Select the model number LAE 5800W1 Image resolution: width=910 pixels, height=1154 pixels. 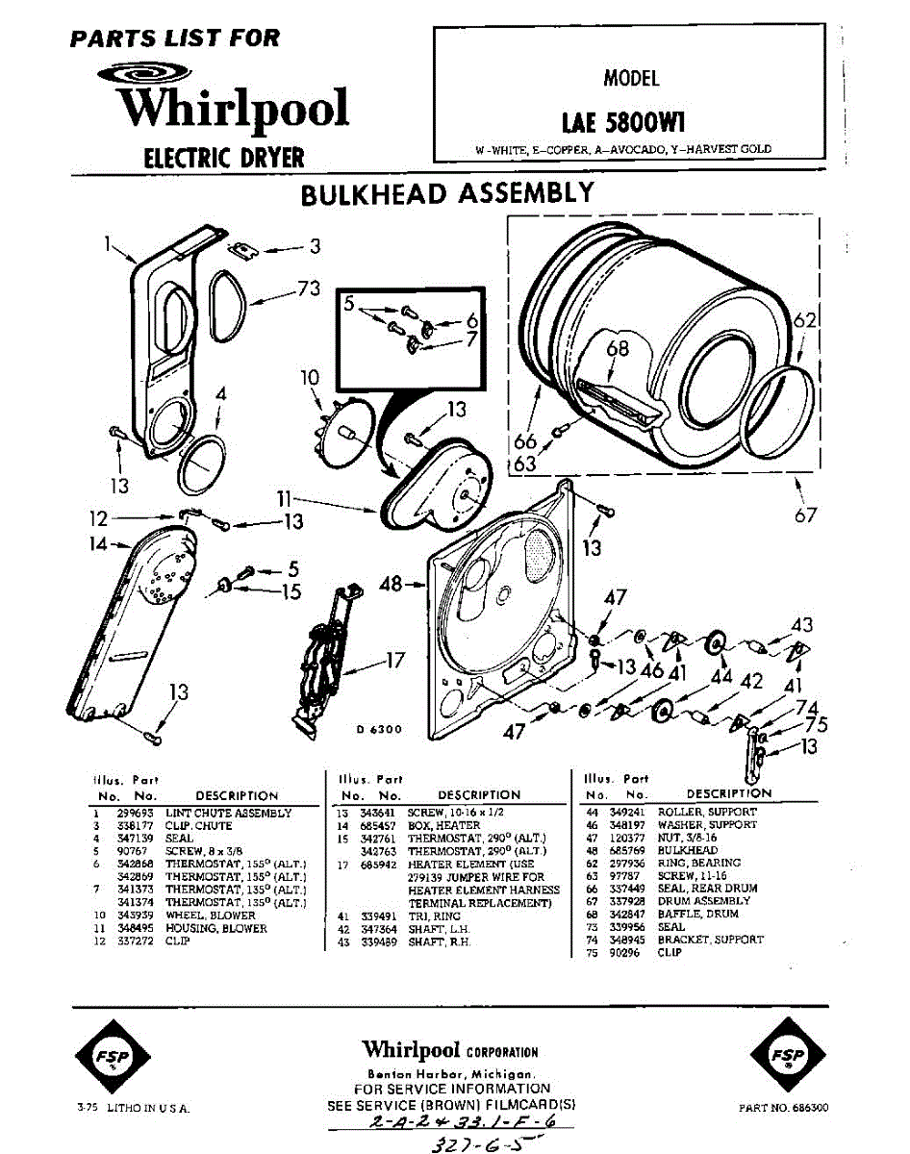click(623, 123)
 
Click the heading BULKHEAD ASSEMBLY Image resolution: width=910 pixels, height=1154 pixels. click(447, 193)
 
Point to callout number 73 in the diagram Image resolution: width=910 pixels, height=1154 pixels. click(309, 288)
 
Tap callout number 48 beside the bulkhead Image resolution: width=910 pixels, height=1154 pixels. click(392, 584)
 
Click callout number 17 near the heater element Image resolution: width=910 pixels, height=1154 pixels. click(395, 661)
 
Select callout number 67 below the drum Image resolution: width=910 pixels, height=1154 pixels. click(805, 515)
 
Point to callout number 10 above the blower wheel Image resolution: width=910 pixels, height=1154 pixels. click(309, 378)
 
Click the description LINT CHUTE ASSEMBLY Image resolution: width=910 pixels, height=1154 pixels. click(228, 814)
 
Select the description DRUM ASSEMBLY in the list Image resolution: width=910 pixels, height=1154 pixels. click(704, 901)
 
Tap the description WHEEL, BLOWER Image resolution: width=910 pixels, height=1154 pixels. click(211, 916)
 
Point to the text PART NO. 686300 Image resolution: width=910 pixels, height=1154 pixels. click(783, 1109)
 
